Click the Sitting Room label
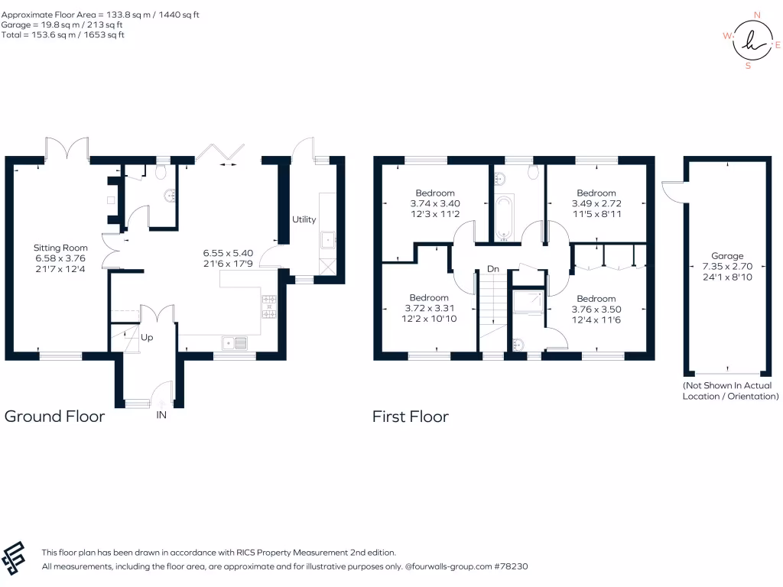pyautogui.click(x=60, y=248)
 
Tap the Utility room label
pyautogui.click(x=304, y=219)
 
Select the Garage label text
pyautogui.click(x=726, y=257)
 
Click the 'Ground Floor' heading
pyautogui.click(x=54, y=417)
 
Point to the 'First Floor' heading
pyautogui.click(x=411, y=417)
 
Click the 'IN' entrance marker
pyautogui.click(x=161, y=416)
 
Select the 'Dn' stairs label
pyautogui.click(x=493, y=270)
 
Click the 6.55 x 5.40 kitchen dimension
pyautogui.click(x=227, y=252)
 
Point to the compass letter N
pyautogui.click(x=757, y=15)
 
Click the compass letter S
pyautogui.click(x=748, y=66)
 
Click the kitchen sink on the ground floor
pyautogui.click(x=236, y=342)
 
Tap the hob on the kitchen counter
pyautogui.click(x=269, y=306)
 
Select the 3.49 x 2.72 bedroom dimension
pyautogui.click(x=596, y=204)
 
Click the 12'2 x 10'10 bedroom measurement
pyautogui.click(x=428, y=318)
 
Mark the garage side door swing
pyautogui.click(x=671, y=188)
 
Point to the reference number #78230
pyautogui.click(x=511, y=566)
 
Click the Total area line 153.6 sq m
pyautogui.click(x=63, y=34)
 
